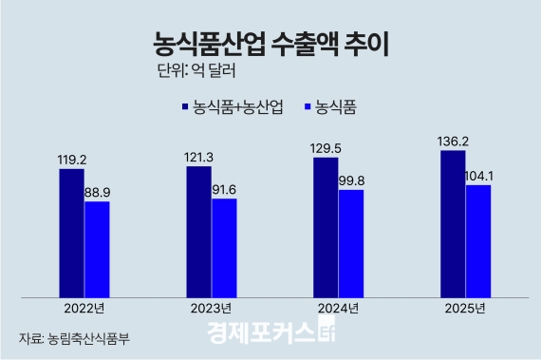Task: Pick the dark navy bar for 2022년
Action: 71,232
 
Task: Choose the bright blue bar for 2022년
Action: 97,248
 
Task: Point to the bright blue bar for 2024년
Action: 351,242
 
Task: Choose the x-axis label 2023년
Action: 211,309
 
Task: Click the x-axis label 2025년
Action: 465,309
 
